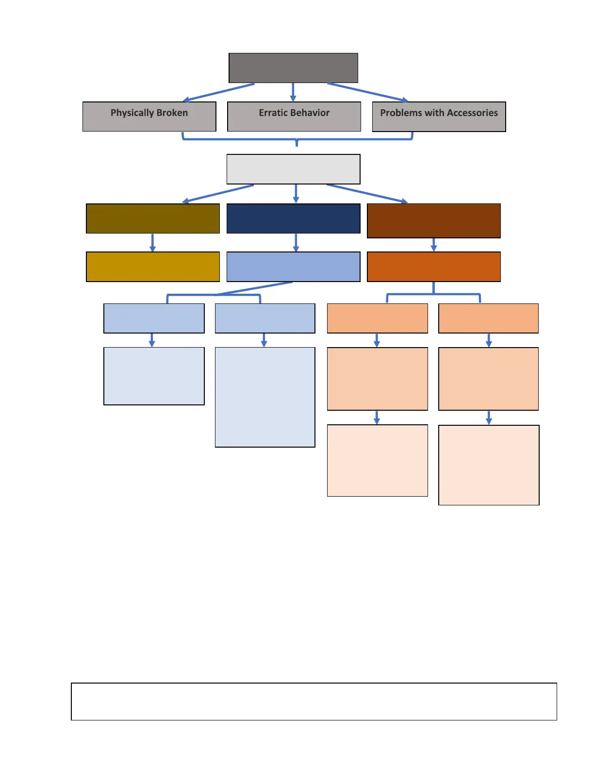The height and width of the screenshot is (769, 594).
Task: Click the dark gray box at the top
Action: pos(293,68)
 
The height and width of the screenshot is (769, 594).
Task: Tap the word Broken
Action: pos(172,113)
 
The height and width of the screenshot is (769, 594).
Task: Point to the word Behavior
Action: pos(311,113)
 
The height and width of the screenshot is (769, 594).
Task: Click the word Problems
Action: pos(401,113)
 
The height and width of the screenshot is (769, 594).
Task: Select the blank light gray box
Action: pos(293,169)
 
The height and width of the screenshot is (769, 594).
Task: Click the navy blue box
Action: pos(293,218)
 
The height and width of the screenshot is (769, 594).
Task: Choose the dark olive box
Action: pos(152,218)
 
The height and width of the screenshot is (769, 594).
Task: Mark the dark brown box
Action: pos(433,221)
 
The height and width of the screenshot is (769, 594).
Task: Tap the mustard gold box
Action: pos(152,267)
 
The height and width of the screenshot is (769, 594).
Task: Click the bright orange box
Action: pos(433,267)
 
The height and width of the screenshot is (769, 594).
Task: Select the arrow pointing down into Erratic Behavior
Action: pos(293,92)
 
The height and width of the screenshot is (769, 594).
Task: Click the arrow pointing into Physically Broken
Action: pos(218,92)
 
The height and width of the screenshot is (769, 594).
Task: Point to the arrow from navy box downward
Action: pos(296,242)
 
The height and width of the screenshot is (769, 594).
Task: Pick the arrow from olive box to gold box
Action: pos(152,242)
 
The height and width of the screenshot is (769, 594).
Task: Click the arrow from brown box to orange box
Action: pos(434,245)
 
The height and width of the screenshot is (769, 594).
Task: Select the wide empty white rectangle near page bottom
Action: pos(313,702)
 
